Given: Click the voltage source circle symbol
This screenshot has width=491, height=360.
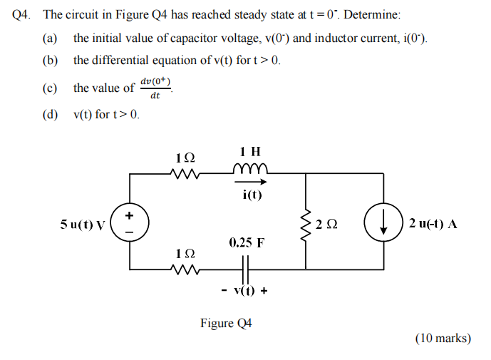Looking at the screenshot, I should click(x=130, y=222).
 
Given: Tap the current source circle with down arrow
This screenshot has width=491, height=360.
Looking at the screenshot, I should click(x=383, y=222).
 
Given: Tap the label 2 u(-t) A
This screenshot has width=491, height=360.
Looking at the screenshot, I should click(x=433, y=224).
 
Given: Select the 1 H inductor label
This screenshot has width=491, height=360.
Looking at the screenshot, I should click(x=250, y=152).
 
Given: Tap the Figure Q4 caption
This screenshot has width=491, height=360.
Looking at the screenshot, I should click(x=227, y=324).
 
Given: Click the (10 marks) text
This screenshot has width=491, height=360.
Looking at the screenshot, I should click(x=443, y=338).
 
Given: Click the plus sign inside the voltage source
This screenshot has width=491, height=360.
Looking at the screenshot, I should click(x=130, y=215).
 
